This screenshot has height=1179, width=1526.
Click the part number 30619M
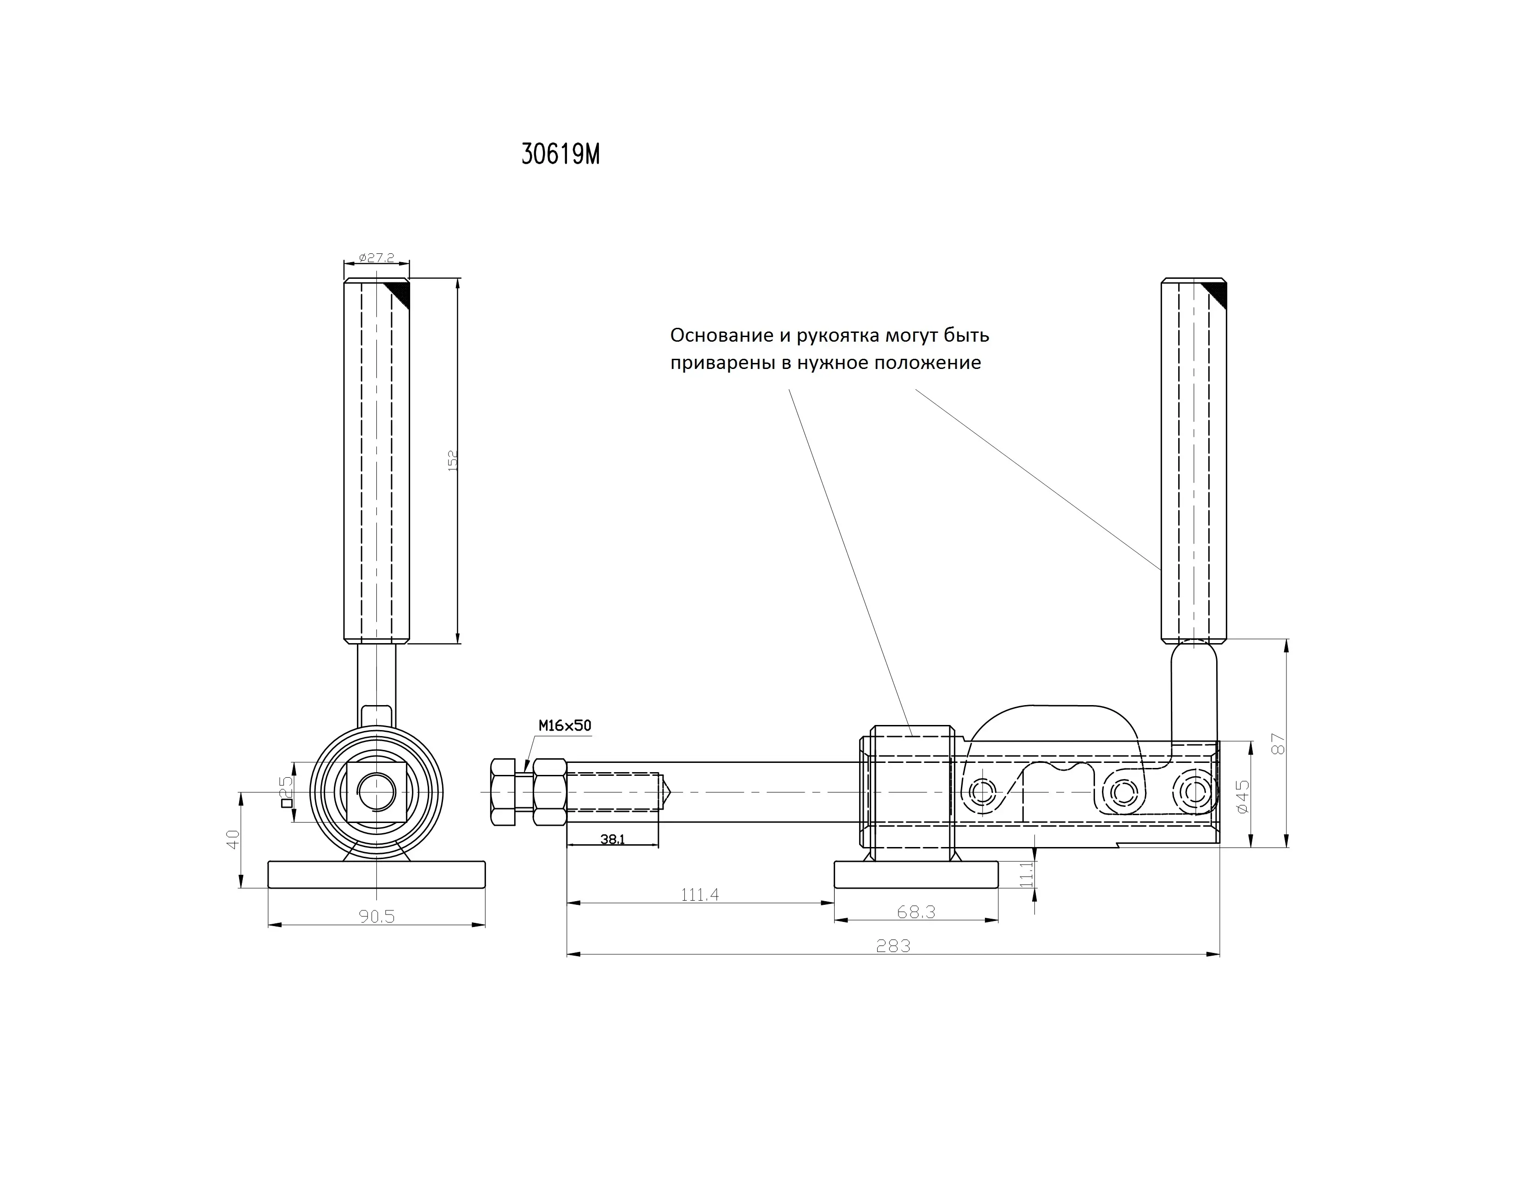click(x=560, y=154)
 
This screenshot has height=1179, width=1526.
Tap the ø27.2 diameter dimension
click(x=376, y=258)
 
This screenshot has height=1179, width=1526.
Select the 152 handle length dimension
click(x=453, y=461)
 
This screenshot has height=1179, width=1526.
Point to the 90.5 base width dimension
click(x=376, y=916)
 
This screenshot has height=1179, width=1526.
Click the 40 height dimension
click(x=234, y=839)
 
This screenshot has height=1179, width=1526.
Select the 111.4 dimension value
click(x=699, y=895)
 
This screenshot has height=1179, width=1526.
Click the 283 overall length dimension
click(x=894, y=946)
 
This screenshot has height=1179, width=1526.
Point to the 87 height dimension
click(x=1279, y=743)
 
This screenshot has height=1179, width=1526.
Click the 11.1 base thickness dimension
click(x=1026, y=874)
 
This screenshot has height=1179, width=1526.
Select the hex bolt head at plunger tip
click(x=503, y=792)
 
